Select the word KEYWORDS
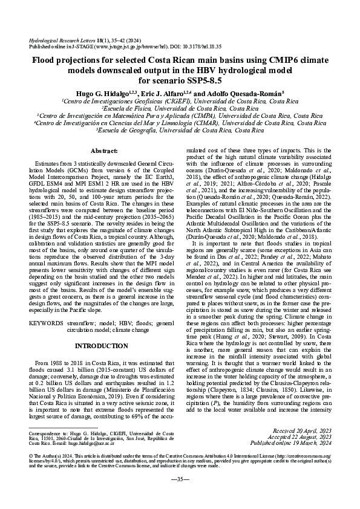(45, 323)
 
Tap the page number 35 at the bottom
(180, 496)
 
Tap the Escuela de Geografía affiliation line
(180, 130)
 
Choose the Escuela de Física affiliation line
(180, 108)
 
